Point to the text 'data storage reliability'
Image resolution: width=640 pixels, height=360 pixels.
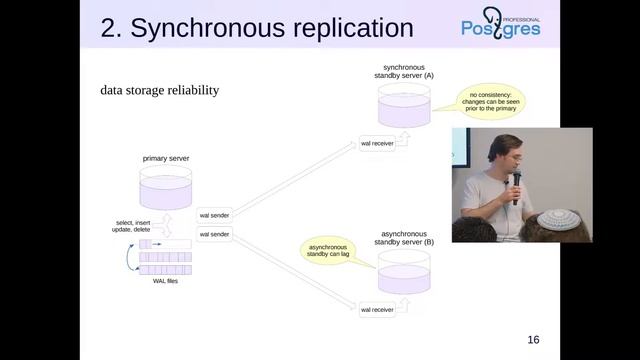(159, 90)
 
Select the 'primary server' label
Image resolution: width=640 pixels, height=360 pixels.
(166, 157)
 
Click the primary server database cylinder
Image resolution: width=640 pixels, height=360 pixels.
(166, 187)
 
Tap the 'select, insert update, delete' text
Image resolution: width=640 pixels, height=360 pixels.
(137, 226)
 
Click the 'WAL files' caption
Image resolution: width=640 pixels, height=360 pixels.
(165, 281)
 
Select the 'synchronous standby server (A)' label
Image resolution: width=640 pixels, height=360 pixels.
(403, 70)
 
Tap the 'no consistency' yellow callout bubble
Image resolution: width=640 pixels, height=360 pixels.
(491, 101)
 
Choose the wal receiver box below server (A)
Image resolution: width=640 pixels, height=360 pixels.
(377, 144)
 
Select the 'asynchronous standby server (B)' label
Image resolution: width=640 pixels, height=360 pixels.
(403, 238)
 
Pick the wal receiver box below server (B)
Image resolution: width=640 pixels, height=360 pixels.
(377, 310)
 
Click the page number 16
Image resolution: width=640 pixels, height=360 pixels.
(533, 340)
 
